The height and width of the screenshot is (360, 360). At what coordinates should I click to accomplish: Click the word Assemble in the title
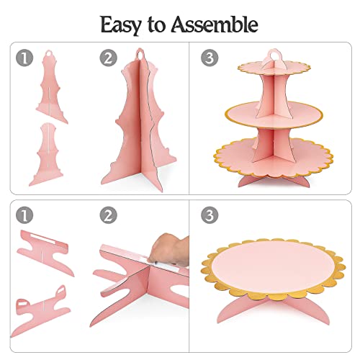[215, 24]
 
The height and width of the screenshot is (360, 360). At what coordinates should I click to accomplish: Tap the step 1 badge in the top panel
[24, 58]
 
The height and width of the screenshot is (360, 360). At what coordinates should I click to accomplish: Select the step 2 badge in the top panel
[109, 58]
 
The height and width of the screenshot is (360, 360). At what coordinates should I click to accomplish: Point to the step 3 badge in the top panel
[210, 58]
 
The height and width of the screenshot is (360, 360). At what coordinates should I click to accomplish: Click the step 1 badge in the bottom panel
[24, 215]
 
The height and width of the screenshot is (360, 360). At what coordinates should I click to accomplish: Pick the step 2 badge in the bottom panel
[109, 215]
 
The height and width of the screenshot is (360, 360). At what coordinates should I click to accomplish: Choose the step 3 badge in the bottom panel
[210, 215]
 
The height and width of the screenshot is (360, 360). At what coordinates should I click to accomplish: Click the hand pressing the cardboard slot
[170, 251]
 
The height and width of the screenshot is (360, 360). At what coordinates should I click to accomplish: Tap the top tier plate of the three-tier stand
[274, 67]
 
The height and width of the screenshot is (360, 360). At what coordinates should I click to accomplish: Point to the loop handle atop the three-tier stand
[274, 54]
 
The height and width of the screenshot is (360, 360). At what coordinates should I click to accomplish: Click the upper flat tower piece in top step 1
[51, 88]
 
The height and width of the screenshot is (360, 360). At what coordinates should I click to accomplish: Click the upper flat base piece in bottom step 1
[45, 253]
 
